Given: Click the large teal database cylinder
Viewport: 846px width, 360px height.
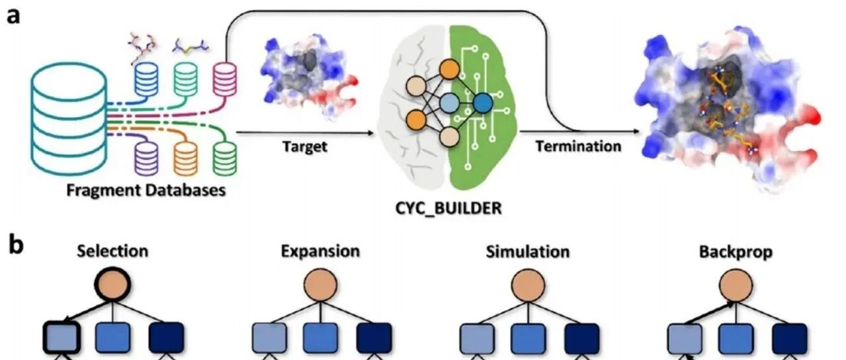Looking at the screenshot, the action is point(69,119).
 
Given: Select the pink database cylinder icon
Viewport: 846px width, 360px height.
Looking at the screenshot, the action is point(225,79).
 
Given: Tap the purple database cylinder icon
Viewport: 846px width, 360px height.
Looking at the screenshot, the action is point(146,159).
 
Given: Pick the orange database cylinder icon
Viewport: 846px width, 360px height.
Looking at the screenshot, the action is point(185,159).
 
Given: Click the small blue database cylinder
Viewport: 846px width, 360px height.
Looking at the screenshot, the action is point(146,79).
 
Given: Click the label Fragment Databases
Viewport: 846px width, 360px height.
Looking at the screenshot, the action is point(146,190).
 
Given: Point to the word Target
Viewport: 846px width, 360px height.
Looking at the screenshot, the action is point(305,146).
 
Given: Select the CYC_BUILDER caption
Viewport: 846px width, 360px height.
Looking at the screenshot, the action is point(448,208).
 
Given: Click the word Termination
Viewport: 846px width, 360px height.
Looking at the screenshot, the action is point(578,146).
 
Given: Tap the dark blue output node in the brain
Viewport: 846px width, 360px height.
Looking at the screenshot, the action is point(483,103).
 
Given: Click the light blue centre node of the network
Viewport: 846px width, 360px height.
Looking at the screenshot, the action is point(449,103).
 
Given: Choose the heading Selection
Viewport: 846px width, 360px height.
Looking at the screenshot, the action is point(112,251).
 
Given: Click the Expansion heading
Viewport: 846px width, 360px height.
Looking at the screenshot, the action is point(320,251).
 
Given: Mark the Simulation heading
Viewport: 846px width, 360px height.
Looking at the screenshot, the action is point(528,251).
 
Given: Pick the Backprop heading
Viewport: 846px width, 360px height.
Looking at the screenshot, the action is point(736,252).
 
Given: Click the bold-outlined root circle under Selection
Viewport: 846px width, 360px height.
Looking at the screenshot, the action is point(112,285).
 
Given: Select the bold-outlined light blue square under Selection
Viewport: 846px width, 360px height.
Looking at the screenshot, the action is point(62,337).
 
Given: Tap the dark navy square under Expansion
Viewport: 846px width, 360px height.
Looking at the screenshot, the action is point(374,337).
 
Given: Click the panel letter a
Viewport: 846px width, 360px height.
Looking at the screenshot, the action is point(13,17).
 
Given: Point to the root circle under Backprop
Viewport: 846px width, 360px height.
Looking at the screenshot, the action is point(736,285).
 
